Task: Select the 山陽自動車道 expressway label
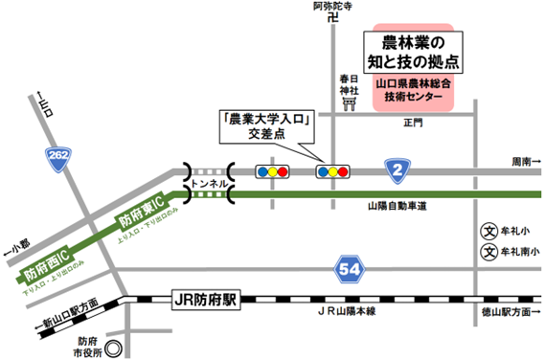395,206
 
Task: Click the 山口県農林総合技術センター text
413,91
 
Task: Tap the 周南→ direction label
525,161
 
